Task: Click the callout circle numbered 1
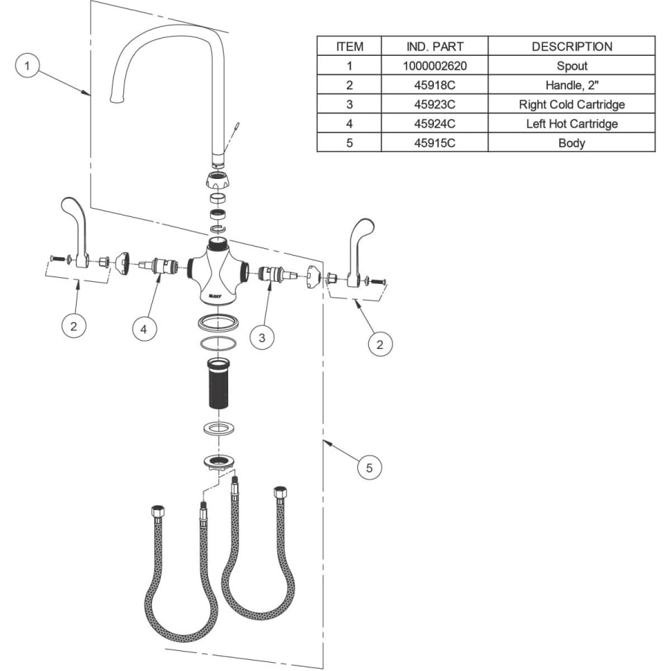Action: click(28, 66)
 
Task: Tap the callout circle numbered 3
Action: click(262, 338)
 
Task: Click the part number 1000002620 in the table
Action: click(435, 66)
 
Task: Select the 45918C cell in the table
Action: click(435, 85)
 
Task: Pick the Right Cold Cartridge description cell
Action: click(571, 104)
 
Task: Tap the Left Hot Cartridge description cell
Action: click(571, 124)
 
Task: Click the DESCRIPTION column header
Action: click(571, 46)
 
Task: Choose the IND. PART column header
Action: click(435, 46)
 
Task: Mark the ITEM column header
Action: click(350, 46)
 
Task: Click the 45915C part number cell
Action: click(435, 143)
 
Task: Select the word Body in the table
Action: click(571, 143)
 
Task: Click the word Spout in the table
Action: click(571, 66)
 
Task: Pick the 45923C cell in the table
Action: click(435, 104)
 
